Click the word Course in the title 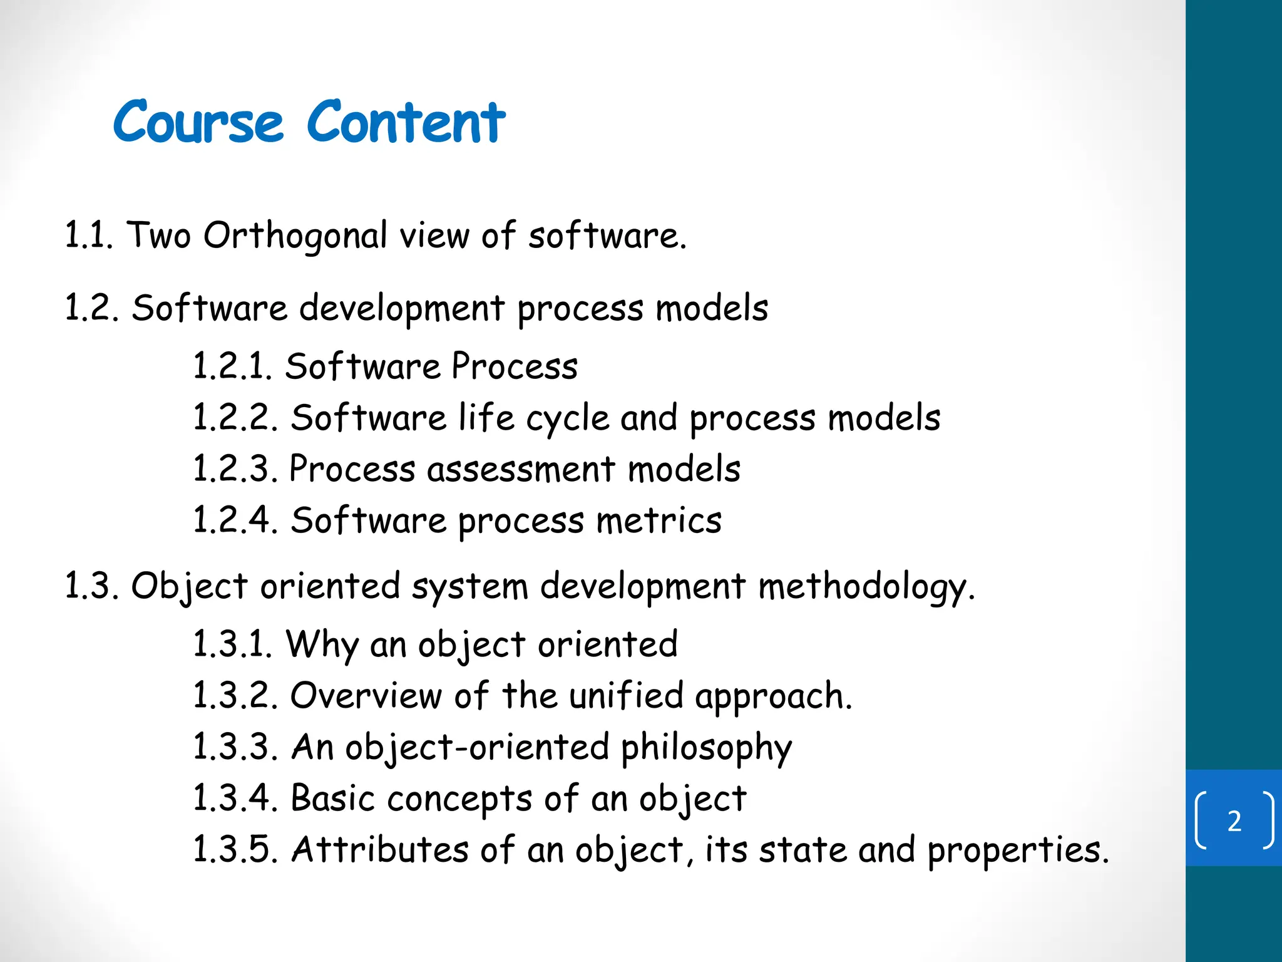point(198,122)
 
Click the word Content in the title point(406,122)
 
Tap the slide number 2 point(1234,821)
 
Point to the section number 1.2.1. point(232,366)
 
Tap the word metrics point(659,520)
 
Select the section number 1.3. point(91,587)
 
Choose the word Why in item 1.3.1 point(322,645)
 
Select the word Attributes point(380,850)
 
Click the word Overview point(366,696)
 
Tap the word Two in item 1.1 point(159,236)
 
